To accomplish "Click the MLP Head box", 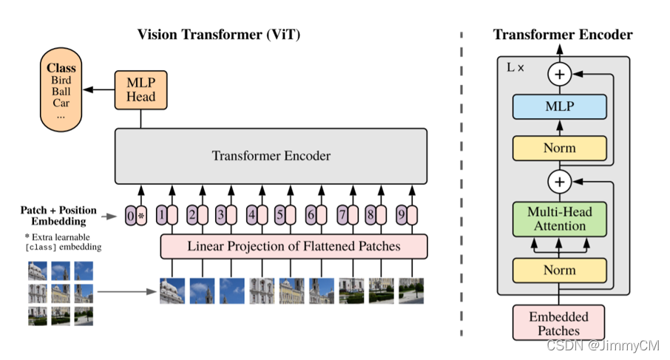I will pyautogui.click(x=140, y=89).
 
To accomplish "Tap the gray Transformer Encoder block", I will pyautogui.click(x=271, y=156).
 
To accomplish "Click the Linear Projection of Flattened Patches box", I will pyautogui.click(x=294, y=246).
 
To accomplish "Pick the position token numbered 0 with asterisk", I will pyautogui.click(x=135, y=216).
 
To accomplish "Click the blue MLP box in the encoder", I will pyautogui.click(x=559, y=107).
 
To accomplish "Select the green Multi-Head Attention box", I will pyautogui.click(x=559, y=219).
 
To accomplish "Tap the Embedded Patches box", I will pyautogui.click(x=559, y=324).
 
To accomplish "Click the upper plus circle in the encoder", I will pyautogui.click(x=559, y=74).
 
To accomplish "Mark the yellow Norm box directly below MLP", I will pyautogui.click(x=559, y=148).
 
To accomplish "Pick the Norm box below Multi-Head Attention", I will pyautogui.click(x=559, y=271).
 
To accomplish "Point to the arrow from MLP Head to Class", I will pyautogui.click(x=96, y=89).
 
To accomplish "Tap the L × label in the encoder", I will pyautogui.click(x=515, y=67).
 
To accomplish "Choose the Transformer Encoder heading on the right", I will pyautogui.click(x=563, y=35).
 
